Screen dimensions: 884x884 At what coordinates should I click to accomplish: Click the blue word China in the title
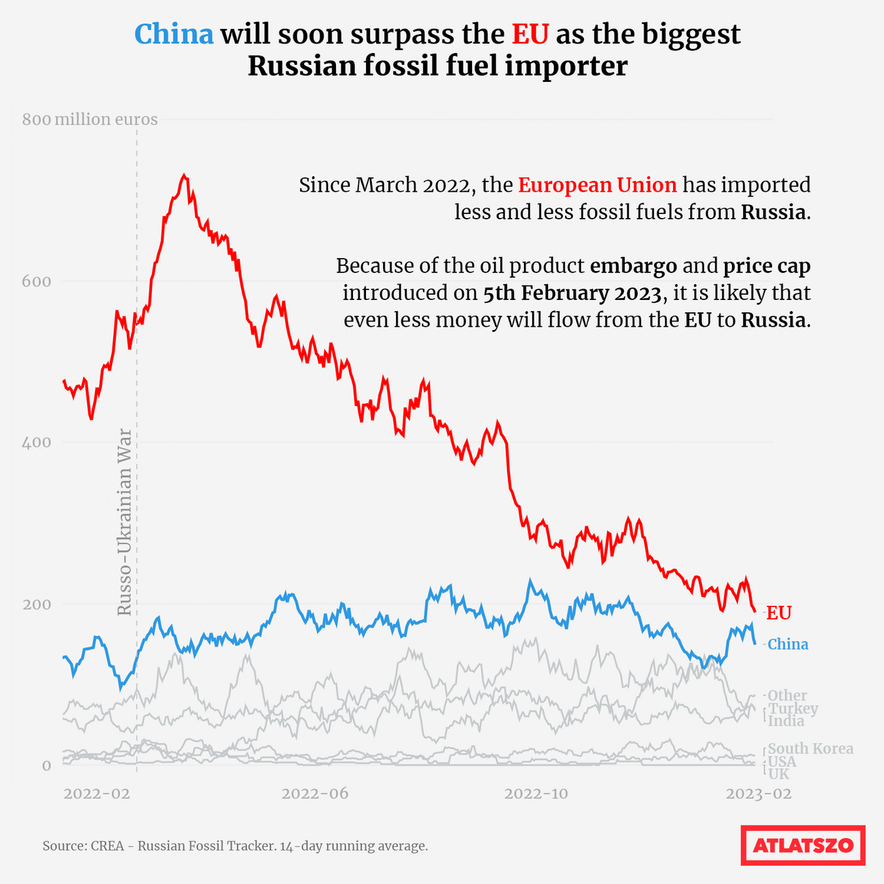(x=174, y=34)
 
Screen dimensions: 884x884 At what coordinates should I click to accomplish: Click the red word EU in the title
(x=530, y=34)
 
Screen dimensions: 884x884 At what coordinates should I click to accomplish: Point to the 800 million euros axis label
(x=90, y=120)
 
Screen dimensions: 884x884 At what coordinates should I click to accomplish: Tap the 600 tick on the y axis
(x=37, y=281)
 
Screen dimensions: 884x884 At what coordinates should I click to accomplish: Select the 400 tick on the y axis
(x=37, y=442)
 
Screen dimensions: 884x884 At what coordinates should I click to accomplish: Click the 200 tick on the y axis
(x=37, y=604)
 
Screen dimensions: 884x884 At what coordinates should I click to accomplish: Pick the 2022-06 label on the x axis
(x=315, y=794)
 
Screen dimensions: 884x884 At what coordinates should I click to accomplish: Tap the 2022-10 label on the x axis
(x=536, y=794)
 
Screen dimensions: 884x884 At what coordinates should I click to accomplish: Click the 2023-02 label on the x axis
(x=759, y=794)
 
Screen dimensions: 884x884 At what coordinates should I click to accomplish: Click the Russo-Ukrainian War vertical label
(x=124, y=522)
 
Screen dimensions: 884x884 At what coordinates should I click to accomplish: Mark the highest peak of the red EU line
(x=184, y=175)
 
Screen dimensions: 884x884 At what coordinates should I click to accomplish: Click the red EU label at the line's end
(x=779, y=613)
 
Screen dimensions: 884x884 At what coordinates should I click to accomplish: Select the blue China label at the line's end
(x=788, y=644)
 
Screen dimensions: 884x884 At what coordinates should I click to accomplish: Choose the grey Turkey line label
(x=793, y=709)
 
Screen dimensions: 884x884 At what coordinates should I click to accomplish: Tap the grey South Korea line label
(x=811, y=748)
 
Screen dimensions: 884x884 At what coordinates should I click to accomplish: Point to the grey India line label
(x=786, y=721)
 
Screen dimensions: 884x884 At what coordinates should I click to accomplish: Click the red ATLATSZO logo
(x=803, y=845)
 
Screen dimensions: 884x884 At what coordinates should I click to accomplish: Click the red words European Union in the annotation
(x=597, y=185)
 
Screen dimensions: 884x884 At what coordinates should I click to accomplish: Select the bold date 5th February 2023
(x=572, y=293)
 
